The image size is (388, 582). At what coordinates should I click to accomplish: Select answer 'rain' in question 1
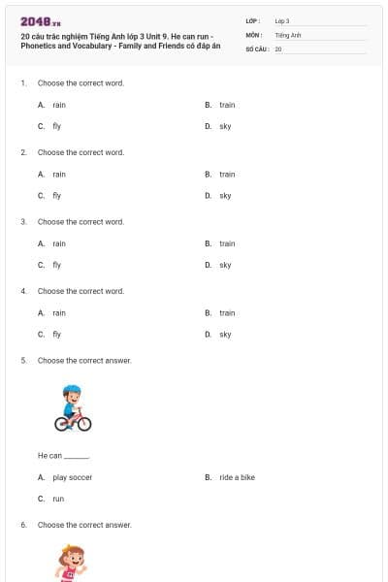point(59,105)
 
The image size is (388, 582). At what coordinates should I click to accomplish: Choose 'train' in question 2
point(227,175)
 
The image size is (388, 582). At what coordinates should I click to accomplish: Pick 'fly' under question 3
point(57,265)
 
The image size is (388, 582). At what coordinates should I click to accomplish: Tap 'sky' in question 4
point(225,335)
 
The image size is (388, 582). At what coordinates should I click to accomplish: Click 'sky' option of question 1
point(225,126)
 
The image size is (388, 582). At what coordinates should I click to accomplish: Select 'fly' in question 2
point(57,196)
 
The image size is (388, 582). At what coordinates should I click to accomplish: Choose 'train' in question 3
point(227,243)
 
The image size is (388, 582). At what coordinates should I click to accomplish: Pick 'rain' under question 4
point(59,313)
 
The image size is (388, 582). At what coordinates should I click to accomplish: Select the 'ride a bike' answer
point(237,477)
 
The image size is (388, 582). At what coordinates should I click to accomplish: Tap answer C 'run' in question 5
point(58,499)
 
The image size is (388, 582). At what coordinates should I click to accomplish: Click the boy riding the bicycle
point(73,408)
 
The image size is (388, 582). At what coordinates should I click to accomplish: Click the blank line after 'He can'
point(77,456)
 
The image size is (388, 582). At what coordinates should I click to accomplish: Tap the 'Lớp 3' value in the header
point(282,20)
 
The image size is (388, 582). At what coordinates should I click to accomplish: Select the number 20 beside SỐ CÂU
point(278,48)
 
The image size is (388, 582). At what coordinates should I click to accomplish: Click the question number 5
point(23,361)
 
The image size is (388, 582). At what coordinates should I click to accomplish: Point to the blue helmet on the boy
point(73,392)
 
